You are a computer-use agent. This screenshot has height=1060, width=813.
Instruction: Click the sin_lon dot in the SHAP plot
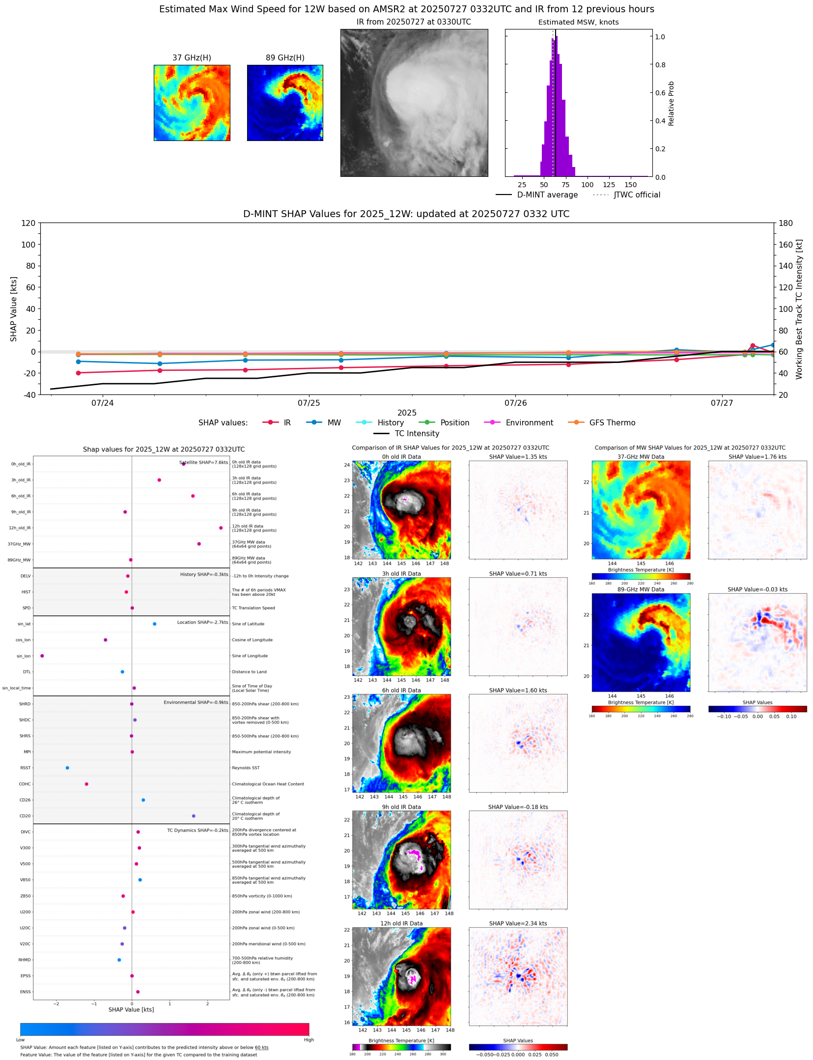42,656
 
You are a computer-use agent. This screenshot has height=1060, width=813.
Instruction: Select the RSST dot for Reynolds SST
67,768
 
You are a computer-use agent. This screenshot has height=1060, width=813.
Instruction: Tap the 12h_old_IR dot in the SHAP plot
221,528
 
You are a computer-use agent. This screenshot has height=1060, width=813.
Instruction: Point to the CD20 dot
194,816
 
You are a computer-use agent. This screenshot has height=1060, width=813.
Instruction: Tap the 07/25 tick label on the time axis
308,403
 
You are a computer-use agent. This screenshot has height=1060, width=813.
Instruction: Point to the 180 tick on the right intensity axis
786,223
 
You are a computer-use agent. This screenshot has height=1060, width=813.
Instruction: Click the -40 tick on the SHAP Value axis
28,395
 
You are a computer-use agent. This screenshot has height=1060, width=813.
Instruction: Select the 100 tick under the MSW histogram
587,185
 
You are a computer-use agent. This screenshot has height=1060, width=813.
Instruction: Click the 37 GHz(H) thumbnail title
192,58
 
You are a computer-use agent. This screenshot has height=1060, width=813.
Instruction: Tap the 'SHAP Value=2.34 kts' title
518,923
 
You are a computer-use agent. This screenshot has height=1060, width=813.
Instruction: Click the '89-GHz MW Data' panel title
641,589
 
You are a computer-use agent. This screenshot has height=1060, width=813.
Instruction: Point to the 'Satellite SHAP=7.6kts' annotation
203,463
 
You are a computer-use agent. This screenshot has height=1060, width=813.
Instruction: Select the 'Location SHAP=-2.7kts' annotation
202,622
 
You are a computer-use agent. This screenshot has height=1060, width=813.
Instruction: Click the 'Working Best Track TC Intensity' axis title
799,309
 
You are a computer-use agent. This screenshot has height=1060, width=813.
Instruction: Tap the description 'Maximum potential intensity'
261,752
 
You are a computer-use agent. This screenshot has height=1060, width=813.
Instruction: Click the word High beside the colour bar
309,1040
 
